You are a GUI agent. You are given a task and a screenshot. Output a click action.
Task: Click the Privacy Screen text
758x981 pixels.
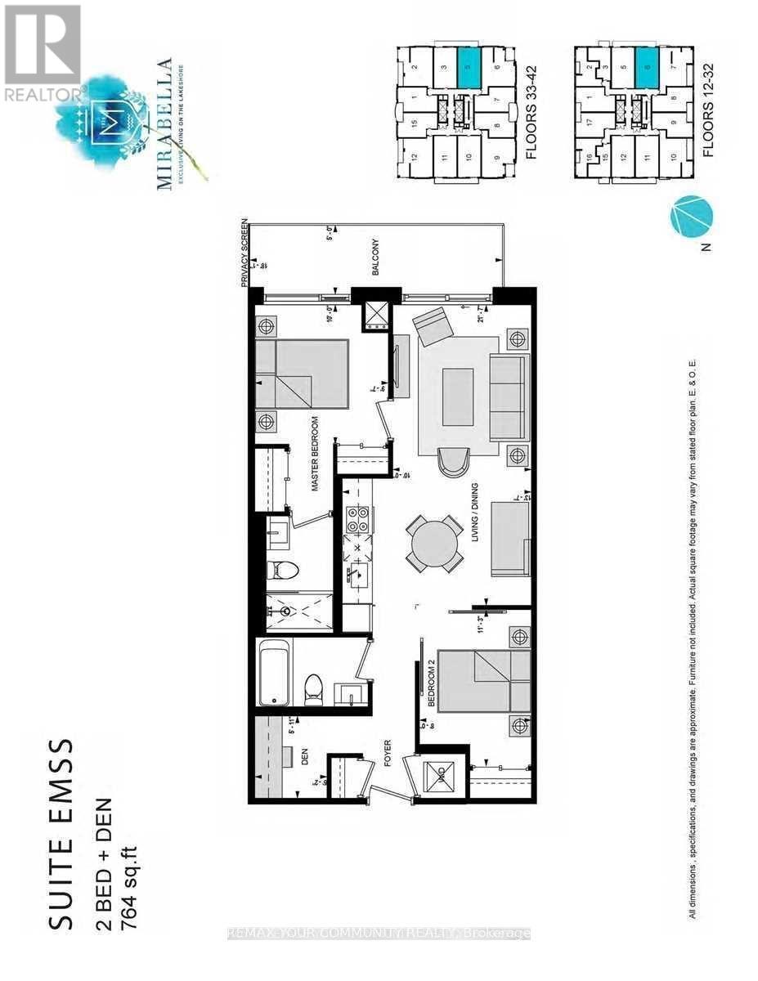[x=244, y=254]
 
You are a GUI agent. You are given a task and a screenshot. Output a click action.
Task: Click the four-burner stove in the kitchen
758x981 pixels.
[x=357, y=518]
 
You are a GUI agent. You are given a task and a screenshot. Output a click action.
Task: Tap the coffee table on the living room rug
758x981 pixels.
[x=457, y=396]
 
